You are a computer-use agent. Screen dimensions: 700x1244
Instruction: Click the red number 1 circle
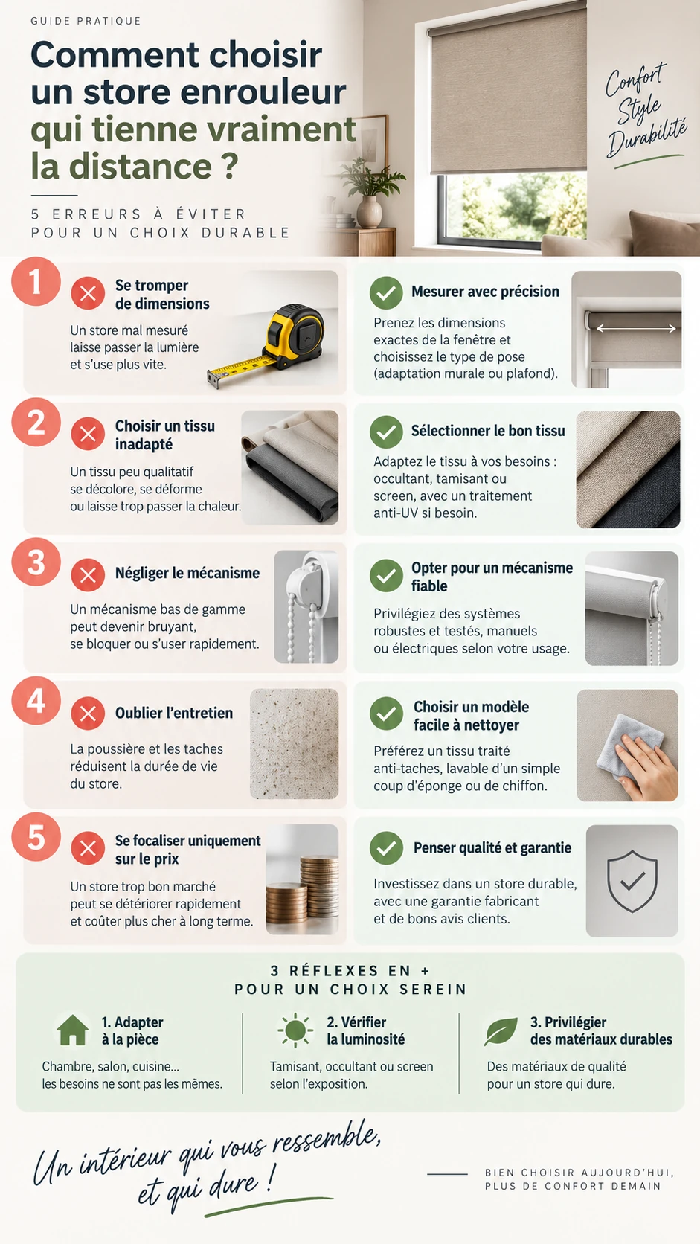pos(36,281)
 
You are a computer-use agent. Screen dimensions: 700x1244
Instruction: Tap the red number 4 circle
pos(36,701)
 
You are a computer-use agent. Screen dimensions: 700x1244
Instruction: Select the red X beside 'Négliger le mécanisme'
pos(88,575)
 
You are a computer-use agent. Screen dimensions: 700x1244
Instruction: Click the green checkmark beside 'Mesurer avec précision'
pos(386,292)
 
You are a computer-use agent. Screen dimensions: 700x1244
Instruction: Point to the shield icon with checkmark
pos(632,881)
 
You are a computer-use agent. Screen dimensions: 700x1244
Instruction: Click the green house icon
pos(73,1030)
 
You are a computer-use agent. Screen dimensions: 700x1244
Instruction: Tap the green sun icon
pos(295,1030)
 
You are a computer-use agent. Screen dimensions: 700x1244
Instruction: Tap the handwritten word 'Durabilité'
pos(646,135)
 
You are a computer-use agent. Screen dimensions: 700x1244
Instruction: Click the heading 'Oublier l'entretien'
pos(174,713)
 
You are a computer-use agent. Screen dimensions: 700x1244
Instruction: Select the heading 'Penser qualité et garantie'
pos(492,848)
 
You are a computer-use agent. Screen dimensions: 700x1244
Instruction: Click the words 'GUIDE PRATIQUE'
pos(86,21)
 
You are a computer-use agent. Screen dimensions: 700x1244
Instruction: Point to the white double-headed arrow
pos(636,329)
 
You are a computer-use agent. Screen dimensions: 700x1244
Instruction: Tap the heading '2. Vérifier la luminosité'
pos(366,1030)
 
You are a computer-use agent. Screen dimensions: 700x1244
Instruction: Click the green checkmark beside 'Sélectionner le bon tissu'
pos(386,432)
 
